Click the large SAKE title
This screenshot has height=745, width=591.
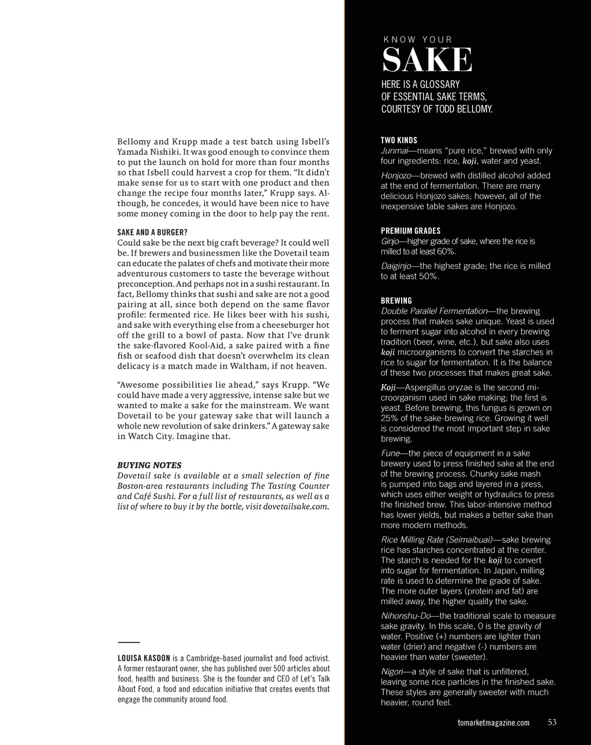tap(427, 60)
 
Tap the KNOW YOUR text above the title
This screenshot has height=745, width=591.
tap(418, 40)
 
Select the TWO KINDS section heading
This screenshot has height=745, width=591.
tap(399, 140)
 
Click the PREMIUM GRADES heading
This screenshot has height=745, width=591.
tap(410, 231)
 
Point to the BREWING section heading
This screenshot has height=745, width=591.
tap(397, 301)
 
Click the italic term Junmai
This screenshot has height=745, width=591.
tap(394, 151)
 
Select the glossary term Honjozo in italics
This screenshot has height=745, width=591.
tap(396, 175)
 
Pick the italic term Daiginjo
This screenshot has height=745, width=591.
tap(397, 266)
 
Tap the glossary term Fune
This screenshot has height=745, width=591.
tap(390, 454)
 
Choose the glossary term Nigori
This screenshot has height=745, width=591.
tap(392, 672)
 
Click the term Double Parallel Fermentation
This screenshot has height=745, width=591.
tap(434, 311)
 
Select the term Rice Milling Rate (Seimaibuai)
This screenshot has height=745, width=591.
tap(437, 540)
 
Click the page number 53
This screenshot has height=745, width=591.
tap(552, 722)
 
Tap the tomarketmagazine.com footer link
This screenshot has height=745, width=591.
tap(493, 723)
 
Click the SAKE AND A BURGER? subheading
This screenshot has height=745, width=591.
tap(152, 233)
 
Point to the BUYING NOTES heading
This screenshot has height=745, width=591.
tap(149, 465)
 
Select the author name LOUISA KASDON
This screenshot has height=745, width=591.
tap(144, 658)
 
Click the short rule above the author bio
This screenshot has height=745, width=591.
tap(129, 642)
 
